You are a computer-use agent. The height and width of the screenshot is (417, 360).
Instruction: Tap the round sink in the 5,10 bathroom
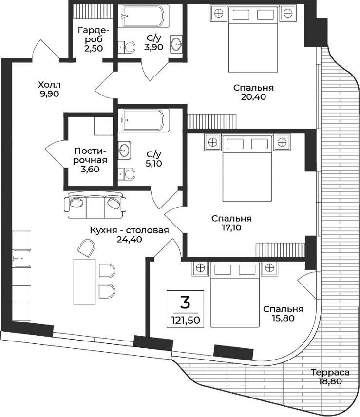click(x=125, y=151)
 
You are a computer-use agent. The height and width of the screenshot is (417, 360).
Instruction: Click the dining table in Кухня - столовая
click(x=84, y=281)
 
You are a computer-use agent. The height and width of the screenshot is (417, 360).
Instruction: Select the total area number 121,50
click(x=185, y=321)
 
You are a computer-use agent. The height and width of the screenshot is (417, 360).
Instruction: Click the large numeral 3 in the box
click(x=185, y=303)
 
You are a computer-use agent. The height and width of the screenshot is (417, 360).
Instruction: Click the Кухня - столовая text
click(x=130, y=230)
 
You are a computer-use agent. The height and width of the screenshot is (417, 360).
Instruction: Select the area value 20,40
click(x=253, y=96)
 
